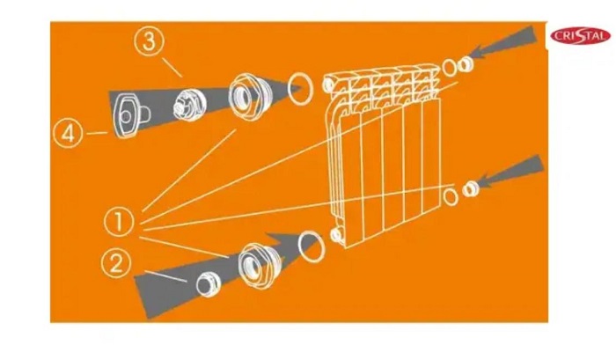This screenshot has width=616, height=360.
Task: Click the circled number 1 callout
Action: click(x=119, y=221)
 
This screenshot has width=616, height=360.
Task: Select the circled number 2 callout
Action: click(x=115, y=264)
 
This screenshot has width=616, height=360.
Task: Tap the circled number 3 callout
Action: click(x=149, y=42)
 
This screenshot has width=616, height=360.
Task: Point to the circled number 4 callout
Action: click(x=68, y=134)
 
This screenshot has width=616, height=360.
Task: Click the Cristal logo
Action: click(x=580, y=36)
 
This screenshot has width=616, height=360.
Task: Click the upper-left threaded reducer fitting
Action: click(x=249, y=95)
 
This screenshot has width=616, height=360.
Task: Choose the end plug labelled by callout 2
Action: click(x=209, y=283)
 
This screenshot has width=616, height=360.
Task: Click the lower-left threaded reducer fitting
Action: click(x=260, y=264)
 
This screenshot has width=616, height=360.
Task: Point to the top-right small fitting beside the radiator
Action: click(x=466, y=64)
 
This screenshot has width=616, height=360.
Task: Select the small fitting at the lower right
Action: click(x=470, y=189)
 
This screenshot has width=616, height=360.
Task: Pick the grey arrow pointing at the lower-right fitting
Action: click(x=510, y=172)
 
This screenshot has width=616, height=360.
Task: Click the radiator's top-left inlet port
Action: click(x=328, y=84)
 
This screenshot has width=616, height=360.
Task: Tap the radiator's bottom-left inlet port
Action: click(x=337, y=235)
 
